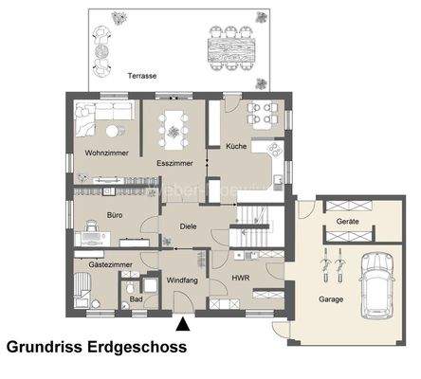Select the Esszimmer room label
click(x=175, y=164)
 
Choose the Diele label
click(x=186, y=225)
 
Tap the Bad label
click(x=137, y=299)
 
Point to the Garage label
click(x=330, y=299)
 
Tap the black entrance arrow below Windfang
click(x=183, y=325)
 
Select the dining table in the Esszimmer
click(x=175, y=125)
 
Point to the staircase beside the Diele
click(x=251, y=227)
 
